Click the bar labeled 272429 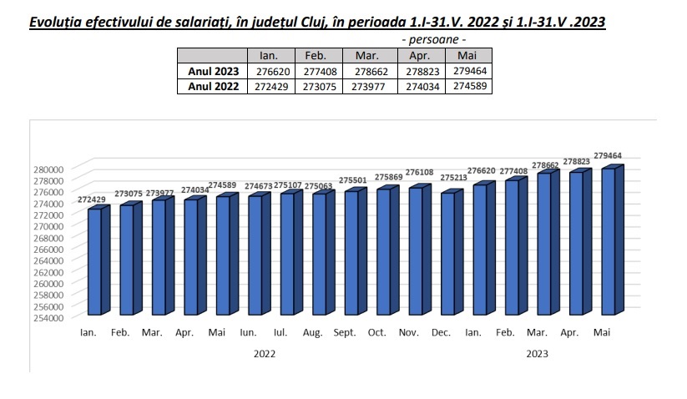(x=94, y=261)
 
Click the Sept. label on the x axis (x=345, y=332)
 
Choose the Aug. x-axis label (x=313, y=332)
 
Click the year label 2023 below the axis (x=537, y=354)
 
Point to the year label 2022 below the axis (x=265, y=354)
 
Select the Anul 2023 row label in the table (x=214, y=72)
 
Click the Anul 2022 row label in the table (x=214, y=86)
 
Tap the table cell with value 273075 (x=316, y=86)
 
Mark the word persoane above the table (x=434, y=39)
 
